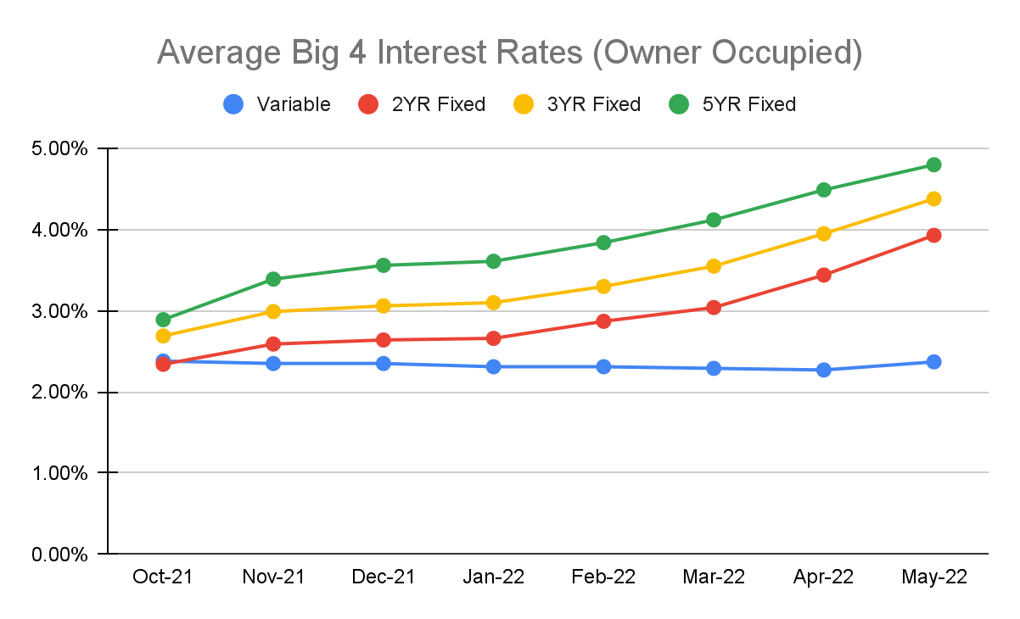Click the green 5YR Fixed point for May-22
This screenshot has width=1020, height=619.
tap(933, 165)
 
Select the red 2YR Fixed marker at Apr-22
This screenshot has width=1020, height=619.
tap(823, 275)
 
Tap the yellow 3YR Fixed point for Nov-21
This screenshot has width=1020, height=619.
tap(273, 311)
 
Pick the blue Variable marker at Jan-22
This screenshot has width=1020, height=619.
tap(493, 366)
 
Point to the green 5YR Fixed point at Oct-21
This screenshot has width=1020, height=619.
tap(163, 320)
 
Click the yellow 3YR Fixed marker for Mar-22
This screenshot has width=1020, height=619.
tap(714, 266)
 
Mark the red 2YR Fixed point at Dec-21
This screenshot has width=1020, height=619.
tap(384, 340)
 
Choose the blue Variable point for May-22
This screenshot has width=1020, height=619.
tap(933, 362)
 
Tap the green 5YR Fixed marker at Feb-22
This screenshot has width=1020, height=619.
tap(603, 243)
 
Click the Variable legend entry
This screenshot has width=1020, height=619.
tap(277, 104)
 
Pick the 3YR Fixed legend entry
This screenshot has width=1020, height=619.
tap(576, 104)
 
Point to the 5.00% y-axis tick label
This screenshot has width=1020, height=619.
tap(57, 149)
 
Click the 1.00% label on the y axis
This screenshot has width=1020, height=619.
tap(57, 473)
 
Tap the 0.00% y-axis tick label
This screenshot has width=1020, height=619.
tap(57, 555)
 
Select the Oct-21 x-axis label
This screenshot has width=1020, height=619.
tap(163, 577)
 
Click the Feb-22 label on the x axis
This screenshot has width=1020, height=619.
tap(603, 577)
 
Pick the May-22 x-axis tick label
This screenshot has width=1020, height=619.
tap(933, 577)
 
